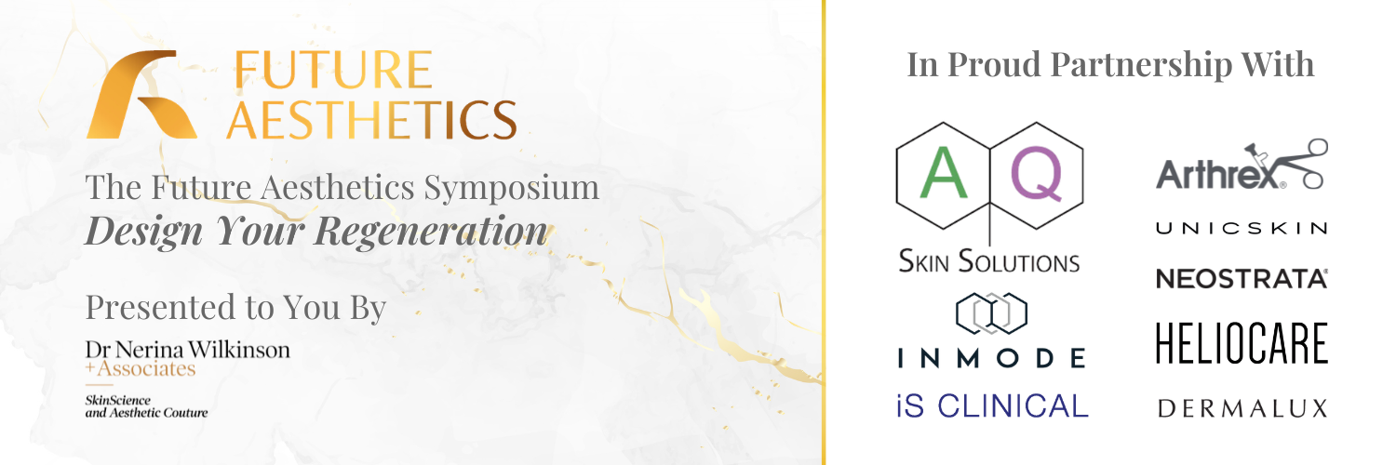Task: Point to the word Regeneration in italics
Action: click(x=432, y=231)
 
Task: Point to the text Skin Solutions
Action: click(x=988, y=259)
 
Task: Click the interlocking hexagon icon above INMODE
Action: click(x=991, y=313)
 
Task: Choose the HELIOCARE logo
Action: click(x=1242, y=343)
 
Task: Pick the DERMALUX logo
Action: click(x=1242, y=407)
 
